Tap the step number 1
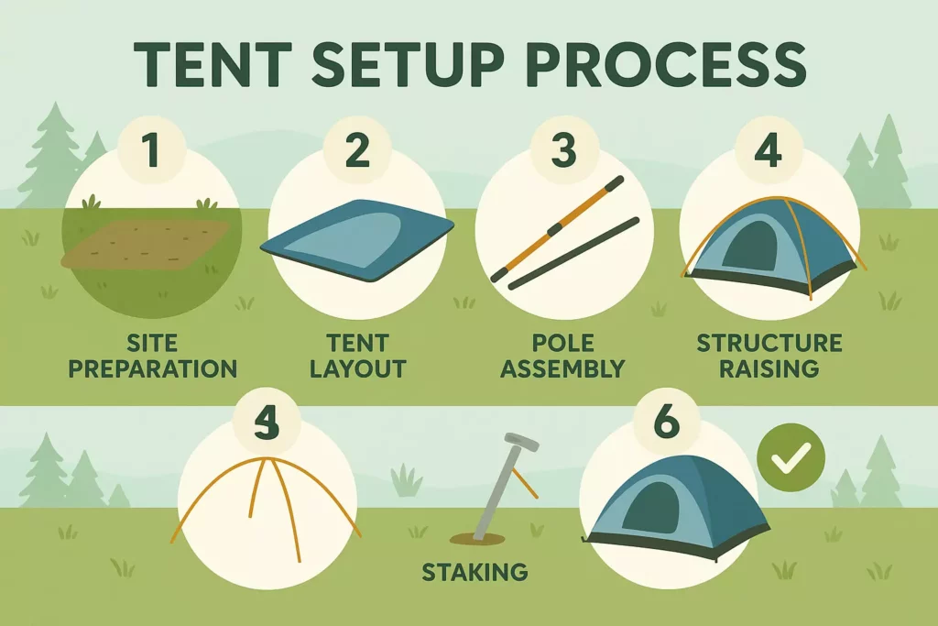pos(151,150)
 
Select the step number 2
pos(357,150)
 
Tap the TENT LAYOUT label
pos(357,357)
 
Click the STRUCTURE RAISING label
pos(769,357)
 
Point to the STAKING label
pos(474,573)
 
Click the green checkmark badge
pos(791,456)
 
